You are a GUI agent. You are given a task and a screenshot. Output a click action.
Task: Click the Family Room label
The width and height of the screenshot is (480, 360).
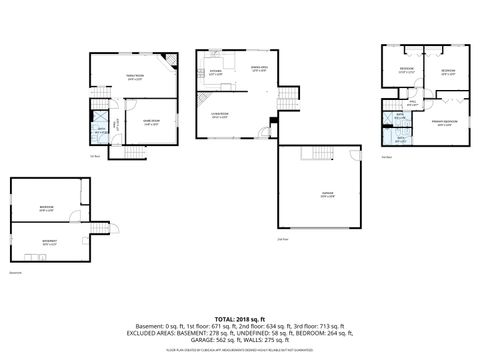133,77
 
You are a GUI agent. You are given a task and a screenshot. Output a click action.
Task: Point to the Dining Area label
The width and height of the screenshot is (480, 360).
260,68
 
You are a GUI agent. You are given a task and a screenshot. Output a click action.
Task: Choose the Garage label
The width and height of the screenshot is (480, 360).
326,195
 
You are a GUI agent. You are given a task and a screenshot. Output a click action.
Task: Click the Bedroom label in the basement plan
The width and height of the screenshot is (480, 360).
46,208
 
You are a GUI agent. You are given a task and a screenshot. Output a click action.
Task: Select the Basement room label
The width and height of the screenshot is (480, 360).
48,241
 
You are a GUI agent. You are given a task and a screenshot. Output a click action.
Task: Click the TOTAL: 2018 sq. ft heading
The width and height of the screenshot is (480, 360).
240,317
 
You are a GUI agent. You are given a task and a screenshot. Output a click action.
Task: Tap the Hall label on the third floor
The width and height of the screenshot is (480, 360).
413,101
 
